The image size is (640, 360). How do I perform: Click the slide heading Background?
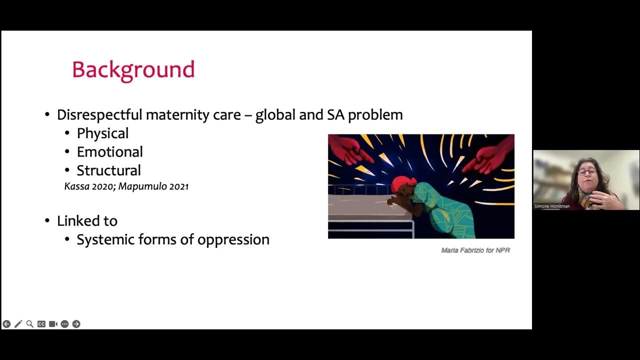(x=133, y=70)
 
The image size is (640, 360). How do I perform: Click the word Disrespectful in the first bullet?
(x=99, y=114)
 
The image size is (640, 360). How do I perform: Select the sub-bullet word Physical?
(x=102, y=133)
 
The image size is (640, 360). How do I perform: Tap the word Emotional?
(x=109, y=151)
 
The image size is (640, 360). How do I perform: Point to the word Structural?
(x=108, y=170)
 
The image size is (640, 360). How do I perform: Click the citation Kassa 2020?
(x=89, y=186)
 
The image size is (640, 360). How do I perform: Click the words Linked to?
(x=87, y=220)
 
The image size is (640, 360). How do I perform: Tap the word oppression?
(x=233, y=239)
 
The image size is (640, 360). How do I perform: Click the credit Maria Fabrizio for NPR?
(x=475, y=250)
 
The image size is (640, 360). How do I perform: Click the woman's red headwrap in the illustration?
(x=403, y=184)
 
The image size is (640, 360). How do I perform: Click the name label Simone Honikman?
(x=552, y=206)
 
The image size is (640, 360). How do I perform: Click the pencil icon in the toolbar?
(x=18, y=324)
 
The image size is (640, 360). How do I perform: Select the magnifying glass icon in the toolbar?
(x=29, y=324)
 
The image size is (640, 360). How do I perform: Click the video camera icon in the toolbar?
(x=53, y=324)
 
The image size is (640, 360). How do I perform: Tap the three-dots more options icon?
(x=64, y=324)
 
